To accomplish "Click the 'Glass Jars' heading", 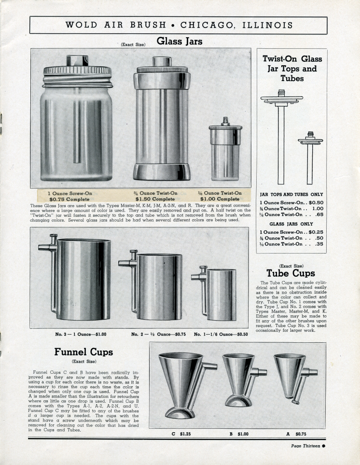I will point(180,42).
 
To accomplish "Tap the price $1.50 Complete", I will point(155,198).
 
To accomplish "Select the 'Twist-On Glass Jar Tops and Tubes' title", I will point(292,68).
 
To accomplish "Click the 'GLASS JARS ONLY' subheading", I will point(291,224).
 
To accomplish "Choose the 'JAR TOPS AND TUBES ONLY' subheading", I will point(291,194).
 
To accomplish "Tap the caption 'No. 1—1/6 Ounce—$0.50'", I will point(221,334).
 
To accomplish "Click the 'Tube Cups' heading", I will point(291,273).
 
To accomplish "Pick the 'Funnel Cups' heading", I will point(83,352).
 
